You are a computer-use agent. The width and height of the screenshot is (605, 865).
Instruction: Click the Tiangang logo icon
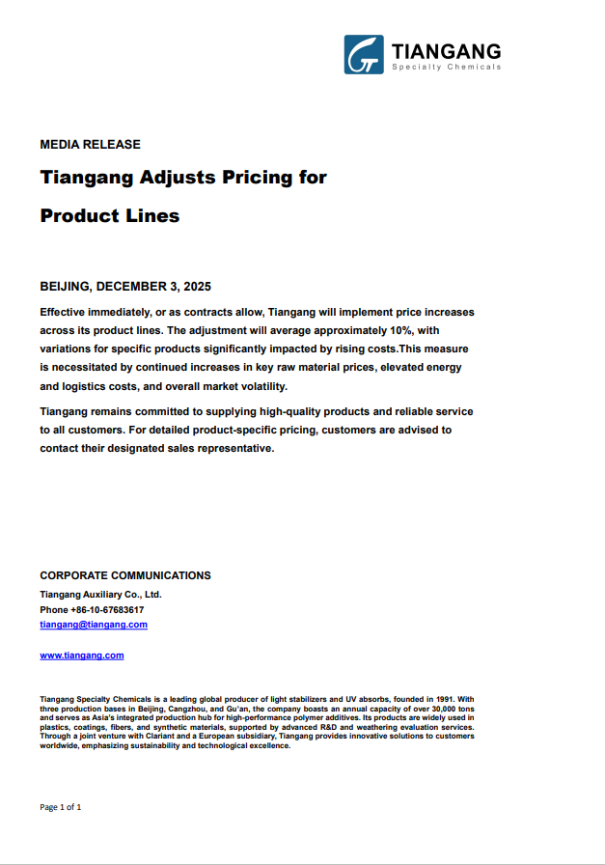[x=363, y=55]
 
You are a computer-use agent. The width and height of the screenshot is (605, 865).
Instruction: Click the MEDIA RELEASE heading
[x=90, y=145]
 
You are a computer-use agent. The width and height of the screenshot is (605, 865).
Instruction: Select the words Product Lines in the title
[x=110, y=216]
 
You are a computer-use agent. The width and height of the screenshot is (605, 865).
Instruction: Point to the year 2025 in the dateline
[x=196, y=287]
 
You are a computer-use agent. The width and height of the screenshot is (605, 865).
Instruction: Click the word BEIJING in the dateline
[x=65, y=287]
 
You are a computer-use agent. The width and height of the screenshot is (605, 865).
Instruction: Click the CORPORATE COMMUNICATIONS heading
[x=125, y=575]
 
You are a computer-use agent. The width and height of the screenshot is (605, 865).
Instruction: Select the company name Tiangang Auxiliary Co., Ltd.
[x=100, y=594]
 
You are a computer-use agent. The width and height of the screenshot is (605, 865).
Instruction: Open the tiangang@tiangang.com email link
[x=94, y=625]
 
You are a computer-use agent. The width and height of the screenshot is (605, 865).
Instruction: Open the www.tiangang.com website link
[x=82, y=656]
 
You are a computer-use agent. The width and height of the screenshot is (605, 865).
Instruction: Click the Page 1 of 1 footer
[x=61, y=806]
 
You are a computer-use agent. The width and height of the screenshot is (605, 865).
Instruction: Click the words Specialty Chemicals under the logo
[x=446, y=67]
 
